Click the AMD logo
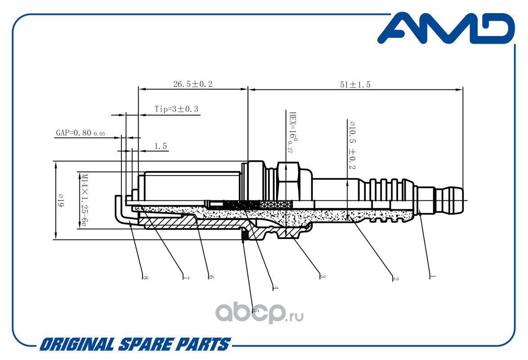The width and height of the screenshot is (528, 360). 446,28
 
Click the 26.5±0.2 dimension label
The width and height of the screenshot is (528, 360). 193,84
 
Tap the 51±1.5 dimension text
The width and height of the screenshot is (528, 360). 355,84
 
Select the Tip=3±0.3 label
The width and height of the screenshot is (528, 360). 176,109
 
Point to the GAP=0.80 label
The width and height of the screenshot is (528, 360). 81,133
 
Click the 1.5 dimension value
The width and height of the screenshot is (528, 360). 161,146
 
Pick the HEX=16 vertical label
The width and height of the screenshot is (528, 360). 293,132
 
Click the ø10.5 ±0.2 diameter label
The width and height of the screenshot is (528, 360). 352,145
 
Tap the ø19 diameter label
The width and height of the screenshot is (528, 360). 61,200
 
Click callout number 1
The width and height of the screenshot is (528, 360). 433,276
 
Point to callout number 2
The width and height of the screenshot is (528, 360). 396,279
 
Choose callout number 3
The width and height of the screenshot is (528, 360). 322,276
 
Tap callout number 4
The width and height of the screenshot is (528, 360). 275,288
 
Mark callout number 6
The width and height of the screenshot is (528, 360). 211,277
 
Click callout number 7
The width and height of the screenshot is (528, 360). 186,278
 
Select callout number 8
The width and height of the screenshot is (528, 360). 145,278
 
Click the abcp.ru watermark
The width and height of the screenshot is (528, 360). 260,313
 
